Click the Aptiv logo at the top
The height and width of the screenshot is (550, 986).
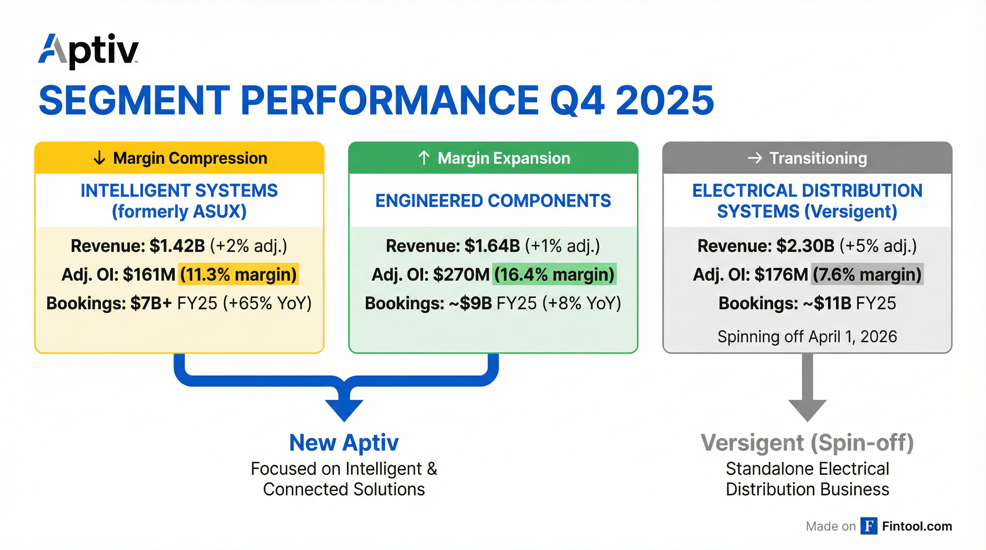pyautogui.click(x=88, y=51)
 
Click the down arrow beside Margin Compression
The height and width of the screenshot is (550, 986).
pyautogui.click(x=99, y=158)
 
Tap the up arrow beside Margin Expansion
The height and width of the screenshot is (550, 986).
pyautogui.click(x=424, y=158)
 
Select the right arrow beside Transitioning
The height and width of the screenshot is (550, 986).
pyautogui.click(x=755, y=158)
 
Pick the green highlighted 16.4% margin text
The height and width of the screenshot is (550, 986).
pyautogui.click(x=554, y=275)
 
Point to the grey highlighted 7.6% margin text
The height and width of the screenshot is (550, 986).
pyautogui.click(x=867, y=275)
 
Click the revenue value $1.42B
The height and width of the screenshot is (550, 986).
pyautogui.click(x=177, y=246)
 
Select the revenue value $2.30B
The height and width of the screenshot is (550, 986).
pyautogui.click(x=805, y=246)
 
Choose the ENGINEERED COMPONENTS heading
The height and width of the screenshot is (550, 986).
pyautogui.click(x=493, y=201)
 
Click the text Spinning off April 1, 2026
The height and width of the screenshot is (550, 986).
pyautogui.click(x=807, y=337)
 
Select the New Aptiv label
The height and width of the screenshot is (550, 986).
pyautogui.click(x=344, y=443)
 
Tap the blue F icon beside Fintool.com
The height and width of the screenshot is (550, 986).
pyautogui.click(x=868, y=526)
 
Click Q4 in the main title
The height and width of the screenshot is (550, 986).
pyautogui.click(x=577, y=100)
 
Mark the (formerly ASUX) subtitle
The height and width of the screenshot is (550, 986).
pyautogui.click(x=179, y=212)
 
